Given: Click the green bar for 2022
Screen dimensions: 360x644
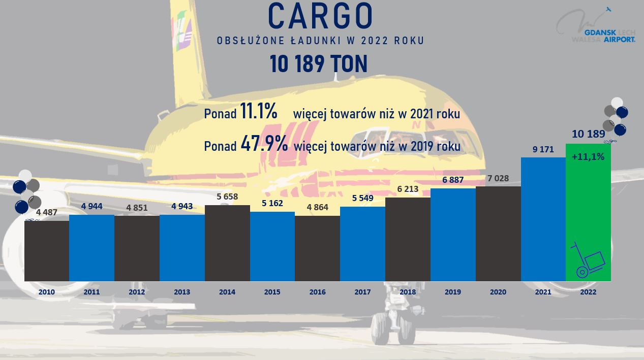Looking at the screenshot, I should [x=588, y=213].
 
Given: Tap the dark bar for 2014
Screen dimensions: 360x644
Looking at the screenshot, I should [x=227, y=243].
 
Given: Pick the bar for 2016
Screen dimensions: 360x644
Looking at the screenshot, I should [x=317, y=248].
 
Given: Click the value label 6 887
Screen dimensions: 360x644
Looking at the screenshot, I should [x=452, y=180].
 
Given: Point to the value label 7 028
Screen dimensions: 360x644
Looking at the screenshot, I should [x=498, y=178].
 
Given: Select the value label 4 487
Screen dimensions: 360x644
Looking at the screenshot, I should [x=47, y=213].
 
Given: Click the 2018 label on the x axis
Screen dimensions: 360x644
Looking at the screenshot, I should [x=408, y=292].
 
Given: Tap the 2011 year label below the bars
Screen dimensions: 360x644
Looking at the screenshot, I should [x=91, y=292].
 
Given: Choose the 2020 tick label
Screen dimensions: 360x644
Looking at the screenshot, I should [x=498, y=292].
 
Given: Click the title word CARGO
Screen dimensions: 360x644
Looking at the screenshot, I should [x=320, y=16].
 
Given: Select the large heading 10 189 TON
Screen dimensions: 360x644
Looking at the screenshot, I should [x=319, y=64].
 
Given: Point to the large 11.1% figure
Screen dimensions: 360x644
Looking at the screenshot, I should [x=259, y=112].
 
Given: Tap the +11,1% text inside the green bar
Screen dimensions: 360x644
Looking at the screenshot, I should [x=588, y=157].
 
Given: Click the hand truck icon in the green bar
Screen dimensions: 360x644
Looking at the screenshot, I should [x=588, y=260].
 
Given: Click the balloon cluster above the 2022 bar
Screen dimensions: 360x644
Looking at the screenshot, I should [x=615, y=116].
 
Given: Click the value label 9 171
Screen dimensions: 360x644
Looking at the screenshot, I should [x=543, y=150].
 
